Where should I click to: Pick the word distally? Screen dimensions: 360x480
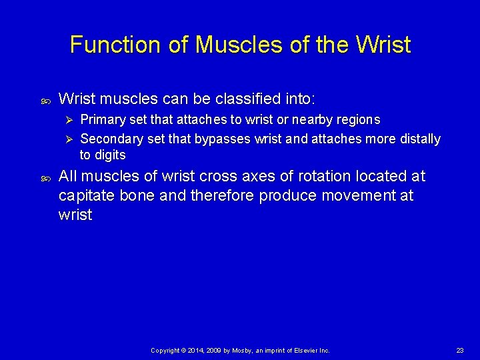pos(419,139)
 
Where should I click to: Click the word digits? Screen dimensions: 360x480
pos(110,155)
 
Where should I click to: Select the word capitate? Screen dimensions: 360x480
pos(89,196)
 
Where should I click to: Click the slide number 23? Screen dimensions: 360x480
pos(460,350)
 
